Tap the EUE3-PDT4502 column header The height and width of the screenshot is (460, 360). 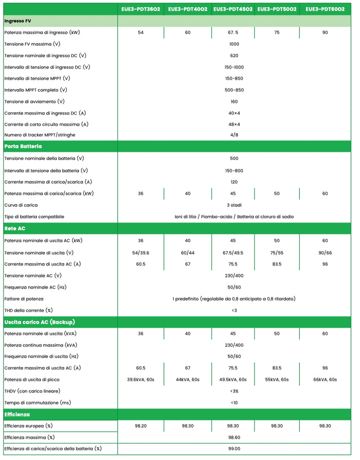click(233, 9)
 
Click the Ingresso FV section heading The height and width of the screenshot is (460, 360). click(19, 21)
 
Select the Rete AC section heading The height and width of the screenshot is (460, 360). click(14, 228)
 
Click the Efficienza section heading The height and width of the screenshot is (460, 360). click(17, 414)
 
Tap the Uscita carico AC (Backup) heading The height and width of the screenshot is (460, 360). click(40, 322)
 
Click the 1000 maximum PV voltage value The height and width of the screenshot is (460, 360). click(234, 44)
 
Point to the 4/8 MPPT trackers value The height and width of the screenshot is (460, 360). click(234, 135)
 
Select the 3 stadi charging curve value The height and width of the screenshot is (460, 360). click(234, 205)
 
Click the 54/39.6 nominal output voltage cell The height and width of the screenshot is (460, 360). click(140, 253)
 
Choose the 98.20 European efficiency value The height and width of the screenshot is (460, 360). click(140, 426)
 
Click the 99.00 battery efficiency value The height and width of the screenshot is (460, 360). click(234, 449)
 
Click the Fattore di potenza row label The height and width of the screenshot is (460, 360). click(24, 298)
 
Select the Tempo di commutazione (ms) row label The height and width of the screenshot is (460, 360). click(38, 402)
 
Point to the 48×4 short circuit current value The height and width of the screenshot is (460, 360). click(234, 124)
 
